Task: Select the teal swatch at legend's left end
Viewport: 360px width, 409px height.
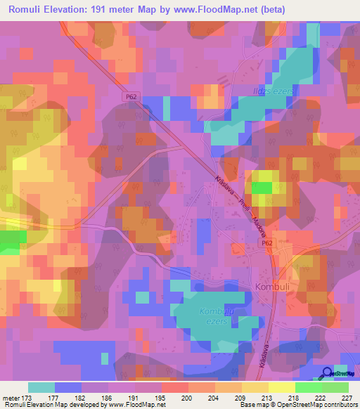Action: click(41, 387)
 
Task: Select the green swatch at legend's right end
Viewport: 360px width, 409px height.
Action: click(335, 387)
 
